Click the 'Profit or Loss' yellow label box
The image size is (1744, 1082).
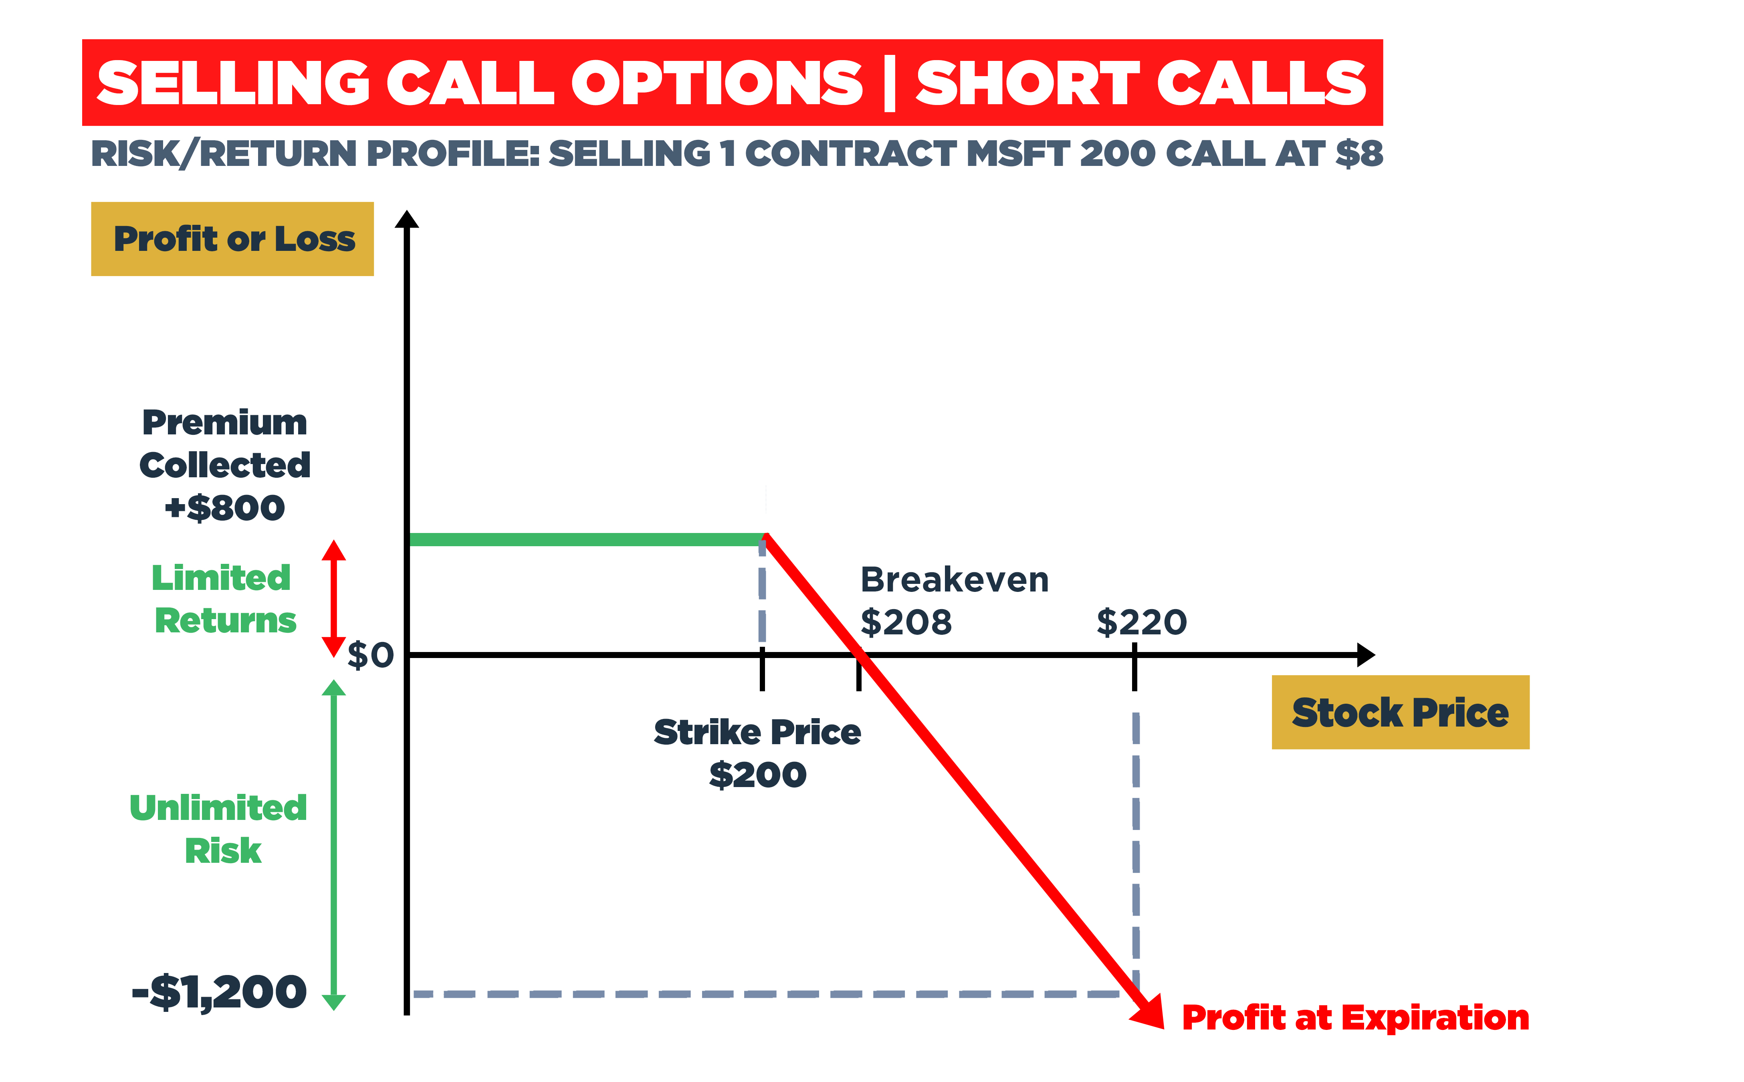(x=232, y=239)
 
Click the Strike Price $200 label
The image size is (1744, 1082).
(x=757, y=753)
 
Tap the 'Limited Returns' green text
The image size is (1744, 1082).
(x=223, y=599)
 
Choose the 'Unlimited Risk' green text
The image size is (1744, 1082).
(x=219, y=829)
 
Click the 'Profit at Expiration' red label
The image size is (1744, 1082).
(x=1355, y=1017)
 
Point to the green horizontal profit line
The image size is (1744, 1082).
(x=583, y=539)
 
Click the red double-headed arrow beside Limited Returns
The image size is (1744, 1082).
(x=333, y=598)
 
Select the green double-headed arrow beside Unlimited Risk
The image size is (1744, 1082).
(x=333, y=844)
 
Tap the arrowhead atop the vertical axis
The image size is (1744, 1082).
(x=406, y=219)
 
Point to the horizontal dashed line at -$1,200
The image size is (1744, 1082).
(x=766, y=994)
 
